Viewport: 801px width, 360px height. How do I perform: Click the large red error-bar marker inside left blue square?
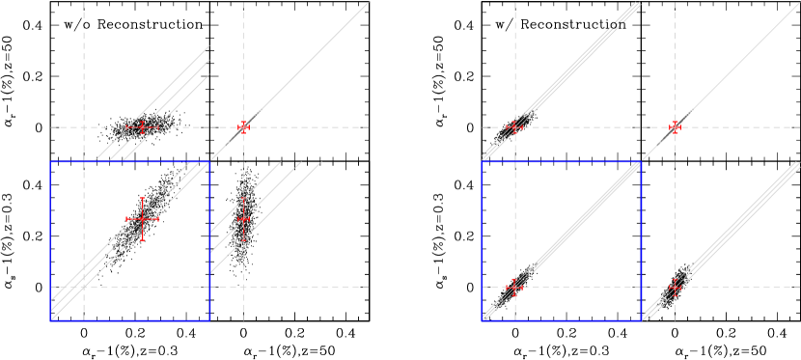coord(143,219)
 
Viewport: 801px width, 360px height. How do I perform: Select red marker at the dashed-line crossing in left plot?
coord(243,127)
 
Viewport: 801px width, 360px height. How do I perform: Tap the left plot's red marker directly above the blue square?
coord(143,127)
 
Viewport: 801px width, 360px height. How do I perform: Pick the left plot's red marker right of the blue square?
coord(243,219)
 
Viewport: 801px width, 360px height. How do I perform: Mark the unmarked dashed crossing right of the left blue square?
coord(243,287)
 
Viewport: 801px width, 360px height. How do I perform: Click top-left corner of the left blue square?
coord(51,162)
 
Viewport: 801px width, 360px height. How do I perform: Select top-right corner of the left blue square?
coord(209,162)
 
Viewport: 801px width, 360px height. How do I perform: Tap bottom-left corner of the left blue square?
coord(51,319)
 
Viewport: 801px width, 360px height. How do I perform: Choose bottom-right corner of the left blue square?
coord(209,319)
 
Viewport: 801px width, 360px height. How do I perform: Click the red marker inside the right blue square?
coord(514,287)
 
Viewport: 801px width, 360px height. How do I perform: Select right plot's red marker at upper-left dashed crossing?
coord(514,127)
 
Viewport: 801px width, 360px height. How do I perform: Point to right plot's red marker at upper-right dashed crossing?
coord(675,127)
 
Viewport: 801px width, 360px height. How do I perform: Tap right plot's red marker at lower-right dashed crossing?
coord(675,287)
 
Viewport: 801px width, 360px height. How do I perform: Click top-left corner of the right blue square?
coord(482,162)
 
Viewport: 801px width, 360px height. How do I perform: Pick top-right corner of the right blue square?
coord(641,162)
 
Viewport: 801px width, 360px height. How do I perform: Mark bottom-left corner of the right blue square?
coord(482,319)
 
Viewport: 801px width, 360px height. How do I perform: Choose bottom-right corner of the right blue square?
coord(641,319)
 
